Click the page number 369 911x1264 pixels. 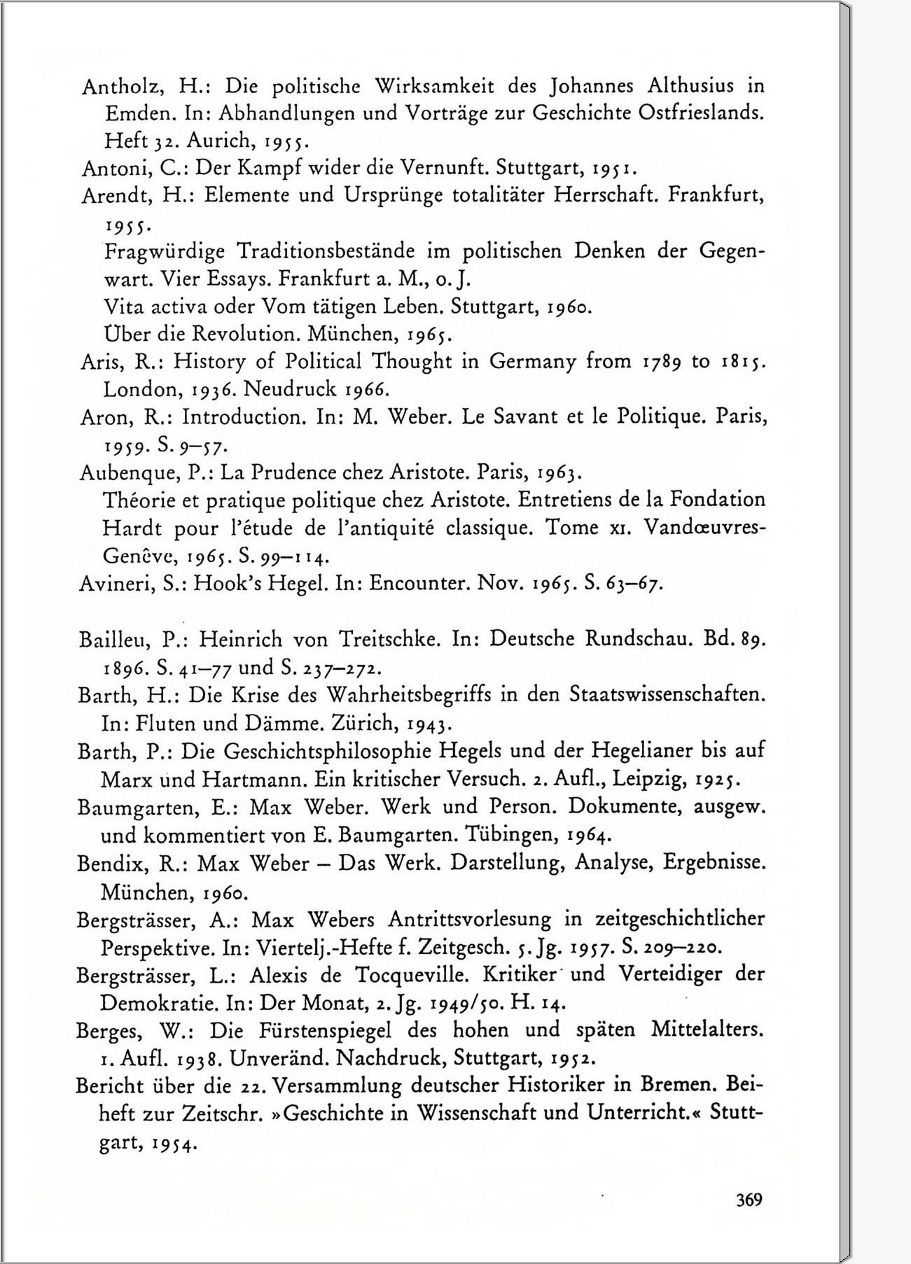pos(749,1200)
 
